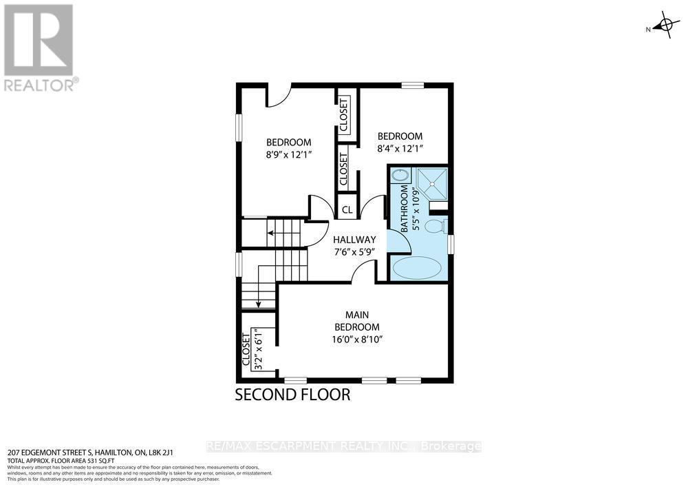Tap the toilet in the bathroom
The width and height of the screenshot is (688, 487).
coord(435,226)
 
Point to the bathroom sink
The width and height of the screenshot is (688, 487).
coord(398,176)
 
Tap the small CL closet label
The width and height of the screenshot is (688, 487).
coord(347,210)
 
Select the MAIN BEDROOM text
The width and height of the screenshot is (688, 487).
coord(356,320)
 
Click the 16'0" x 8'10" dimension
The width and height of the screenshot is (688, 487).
coord(356,339)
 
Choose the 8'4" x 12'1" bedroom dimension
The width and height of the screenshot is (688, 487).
coord(400,148)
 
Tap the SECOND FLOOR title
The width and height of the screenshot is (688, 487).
coord(292,395)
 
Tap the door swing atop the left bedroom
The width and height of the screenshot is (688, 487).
coord(279,96)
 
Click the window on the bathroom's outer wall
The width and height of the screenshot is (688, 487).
coord(451,245)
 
